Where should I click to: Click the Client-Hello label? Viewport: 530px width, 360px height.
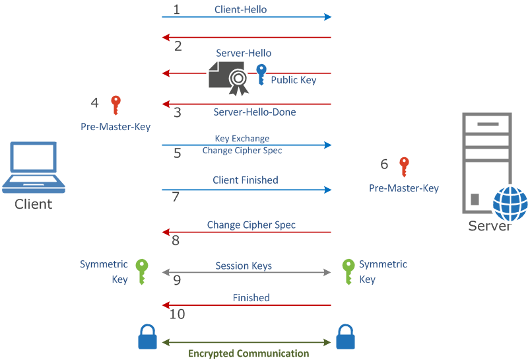point(240,10)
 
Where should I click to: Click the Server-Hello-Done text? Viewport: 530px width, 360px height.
point(254,112)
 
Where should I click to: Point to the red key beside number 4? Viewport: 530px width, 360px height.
point(116,105)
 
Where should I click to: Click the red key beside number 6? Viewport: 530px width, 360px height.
point(404,166)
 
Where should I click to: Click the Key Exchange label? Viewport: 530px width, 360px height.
point(242,139)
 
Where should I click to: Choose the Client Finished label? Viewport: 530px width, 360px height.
point(245,180)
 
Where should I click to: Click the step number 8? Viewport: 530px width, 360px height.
point(176,240)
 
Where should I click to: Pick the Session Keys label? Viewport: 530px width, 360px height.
point(244,266)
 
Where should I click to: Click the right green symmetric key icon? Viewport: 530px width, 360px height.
point(348,271)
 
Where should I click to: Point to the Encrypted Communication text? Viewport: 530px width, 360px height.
point(248,353)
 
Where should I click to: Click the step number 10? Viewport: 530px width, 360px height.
point(177,314)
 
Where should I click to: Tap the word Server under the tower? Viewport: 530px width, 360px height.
point(489,226)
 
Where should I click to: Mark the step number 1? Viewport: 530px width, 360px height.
point(176,9)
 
